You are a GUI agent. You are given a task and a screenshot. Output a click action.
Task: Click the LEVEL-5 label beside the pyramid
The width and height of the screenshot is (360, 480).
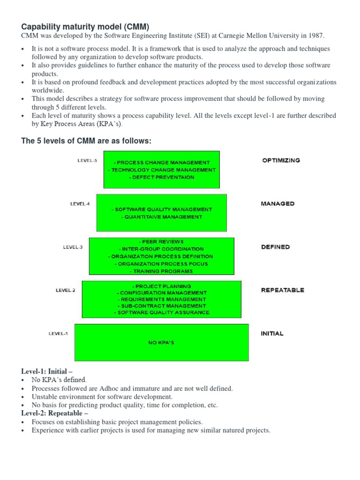[x=87, y=160]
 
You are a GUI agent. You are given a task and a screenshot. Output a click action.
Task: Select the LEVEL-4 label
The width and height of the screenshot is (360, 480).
[x=80, y=204]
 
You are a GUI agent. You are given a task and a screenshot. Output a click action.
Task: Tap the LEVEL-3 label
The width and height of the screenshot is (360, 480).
[x=73, y=247]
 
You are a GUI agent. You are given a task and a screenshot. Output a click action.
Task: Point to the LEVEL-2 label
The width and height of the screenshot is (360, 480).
[x=65, y=290]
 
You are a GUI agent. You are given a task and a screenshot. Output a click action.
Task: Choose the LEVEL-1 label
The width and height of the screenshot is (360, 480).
[x=58, y=334]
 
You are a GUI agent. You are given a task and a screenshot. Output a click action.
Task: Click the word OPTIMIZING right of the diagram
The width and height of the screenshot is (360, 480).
[x=281, y=160]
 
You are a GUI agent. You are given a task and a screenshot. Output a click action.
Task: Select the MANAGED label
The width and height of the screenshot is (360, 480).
[x=277, y=204]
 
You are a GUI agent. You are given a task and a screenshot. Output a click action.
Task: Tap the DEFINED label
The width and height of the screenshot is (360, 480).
[x=275, y=247]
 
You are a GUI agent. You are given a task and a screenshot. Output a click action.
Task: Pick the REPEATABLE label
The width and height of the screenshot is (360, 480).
[x=282, y=290]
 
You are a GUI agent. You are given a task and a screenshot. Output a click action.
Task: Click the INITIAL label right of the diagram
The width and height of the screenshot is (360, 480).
[x=272, y=334]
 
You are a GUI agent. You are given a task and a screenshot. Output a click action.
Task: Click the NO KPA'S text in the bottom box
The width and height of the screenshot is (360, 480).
[x=161, y=343]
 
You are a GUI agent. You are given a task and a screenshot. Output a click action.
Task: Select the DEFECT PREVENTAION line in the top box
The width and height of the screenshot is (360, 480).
[x=161, y=178]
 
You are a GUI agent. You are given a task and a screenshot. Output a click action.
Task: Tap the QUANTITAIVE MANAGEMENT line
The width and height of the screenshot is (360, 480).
[x=161, y=217]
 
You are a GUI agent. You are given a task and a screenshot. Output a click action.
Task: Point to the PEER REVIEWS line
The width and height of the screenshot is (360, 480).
[x=161, y=242]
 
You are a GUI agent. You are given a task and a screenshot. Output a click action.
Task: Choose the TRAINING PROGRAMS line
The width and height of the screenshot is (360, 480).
[x=161, y=271]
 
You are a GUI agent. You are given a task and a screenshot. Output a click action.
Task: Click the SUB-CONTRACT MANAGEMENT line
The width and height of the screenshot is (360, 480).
[x=161, y=306]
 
